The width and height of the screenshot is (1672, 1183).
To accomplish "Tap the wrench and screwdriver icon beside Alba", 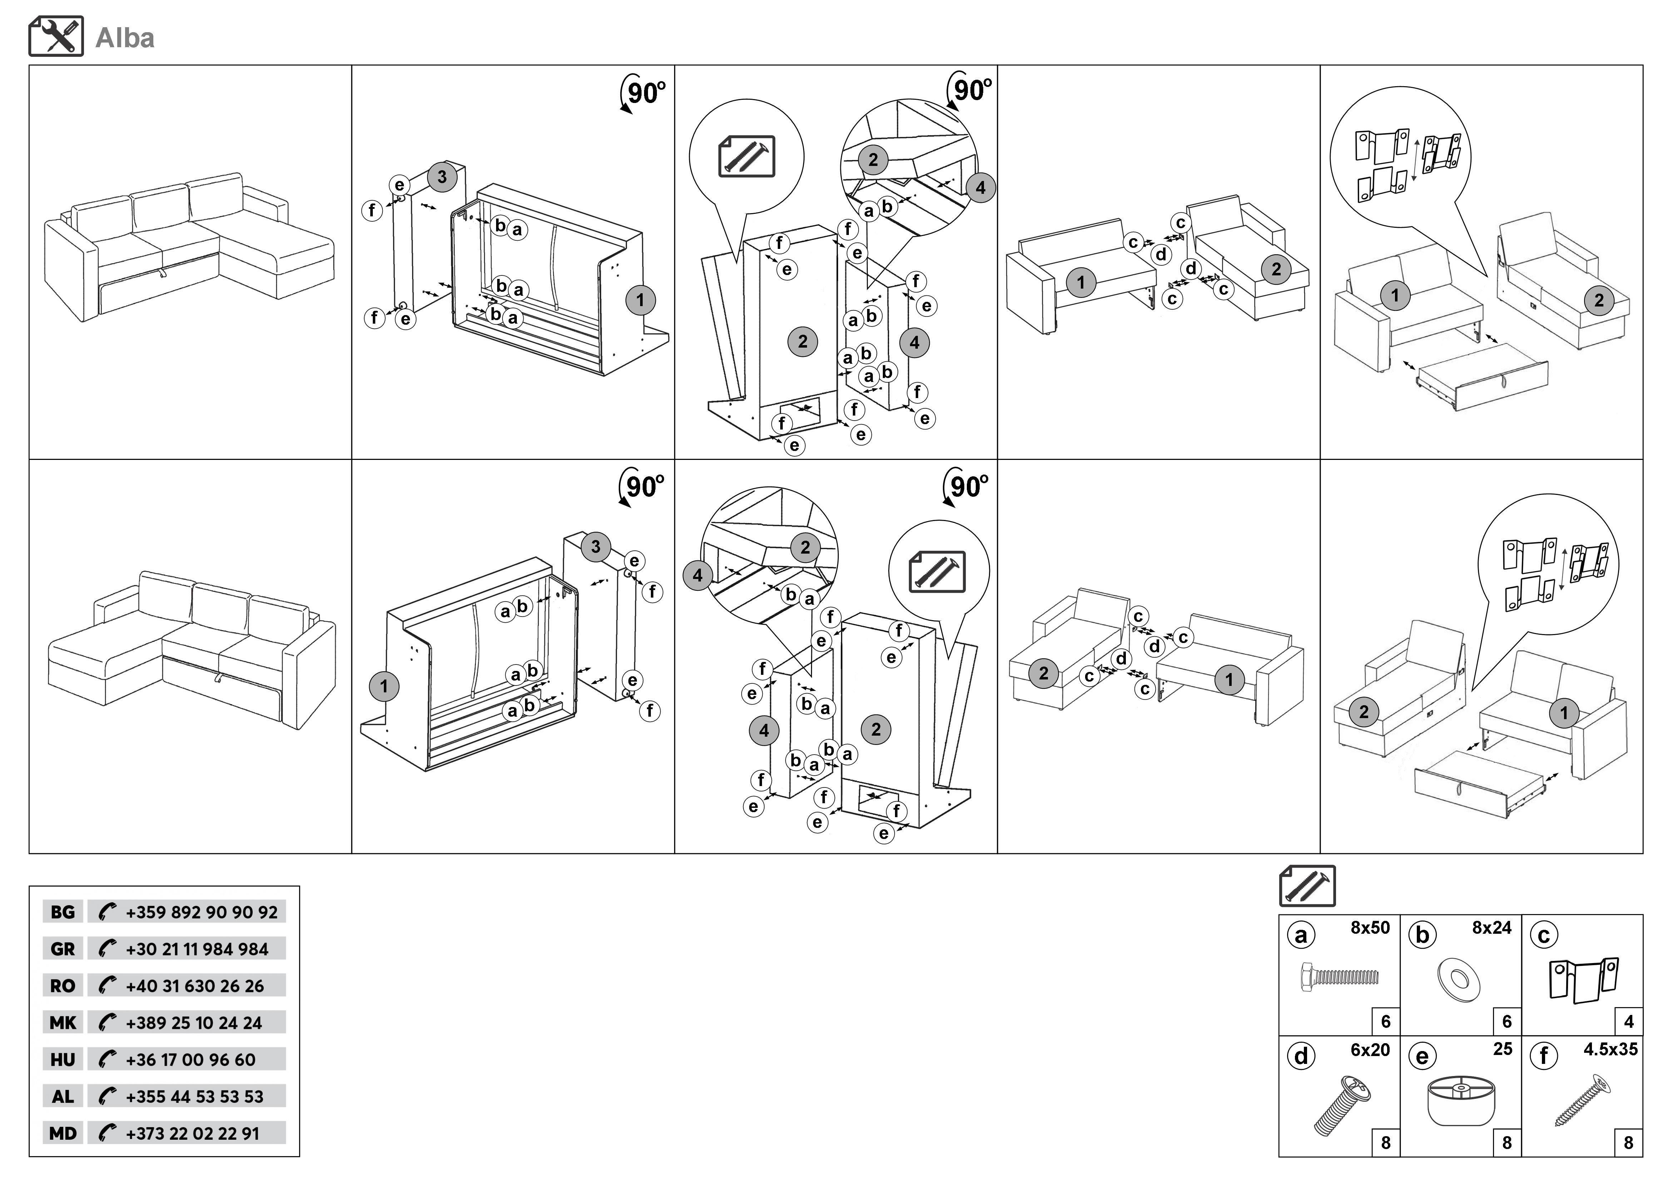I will [56, 36].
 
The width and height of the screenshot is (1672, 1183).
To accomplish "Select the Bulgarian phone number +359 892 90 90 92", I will [201, 912].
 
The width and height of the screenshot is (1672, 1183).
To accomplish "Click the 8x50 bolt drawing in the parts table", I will [1339, 976].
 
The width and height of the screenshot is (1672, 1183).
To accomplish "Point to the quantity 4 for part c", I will [1628, 1021].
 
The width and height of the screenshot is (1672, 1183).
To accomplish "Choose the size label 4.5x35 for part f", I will [1610, 1050].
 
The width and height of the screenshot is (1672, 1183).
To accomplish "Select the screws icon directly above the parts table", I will [1307, 886].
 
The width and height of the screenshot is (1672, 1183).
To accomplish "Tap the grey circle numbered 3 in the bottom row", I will [596, 546].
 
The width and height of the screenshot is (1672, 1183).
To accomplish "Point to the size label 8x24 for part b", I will [1492, 927].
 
